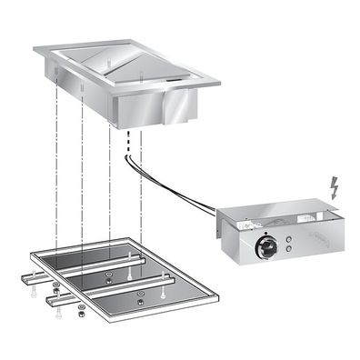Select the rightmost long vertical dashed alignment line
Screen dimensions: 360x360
pos(143,209)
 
